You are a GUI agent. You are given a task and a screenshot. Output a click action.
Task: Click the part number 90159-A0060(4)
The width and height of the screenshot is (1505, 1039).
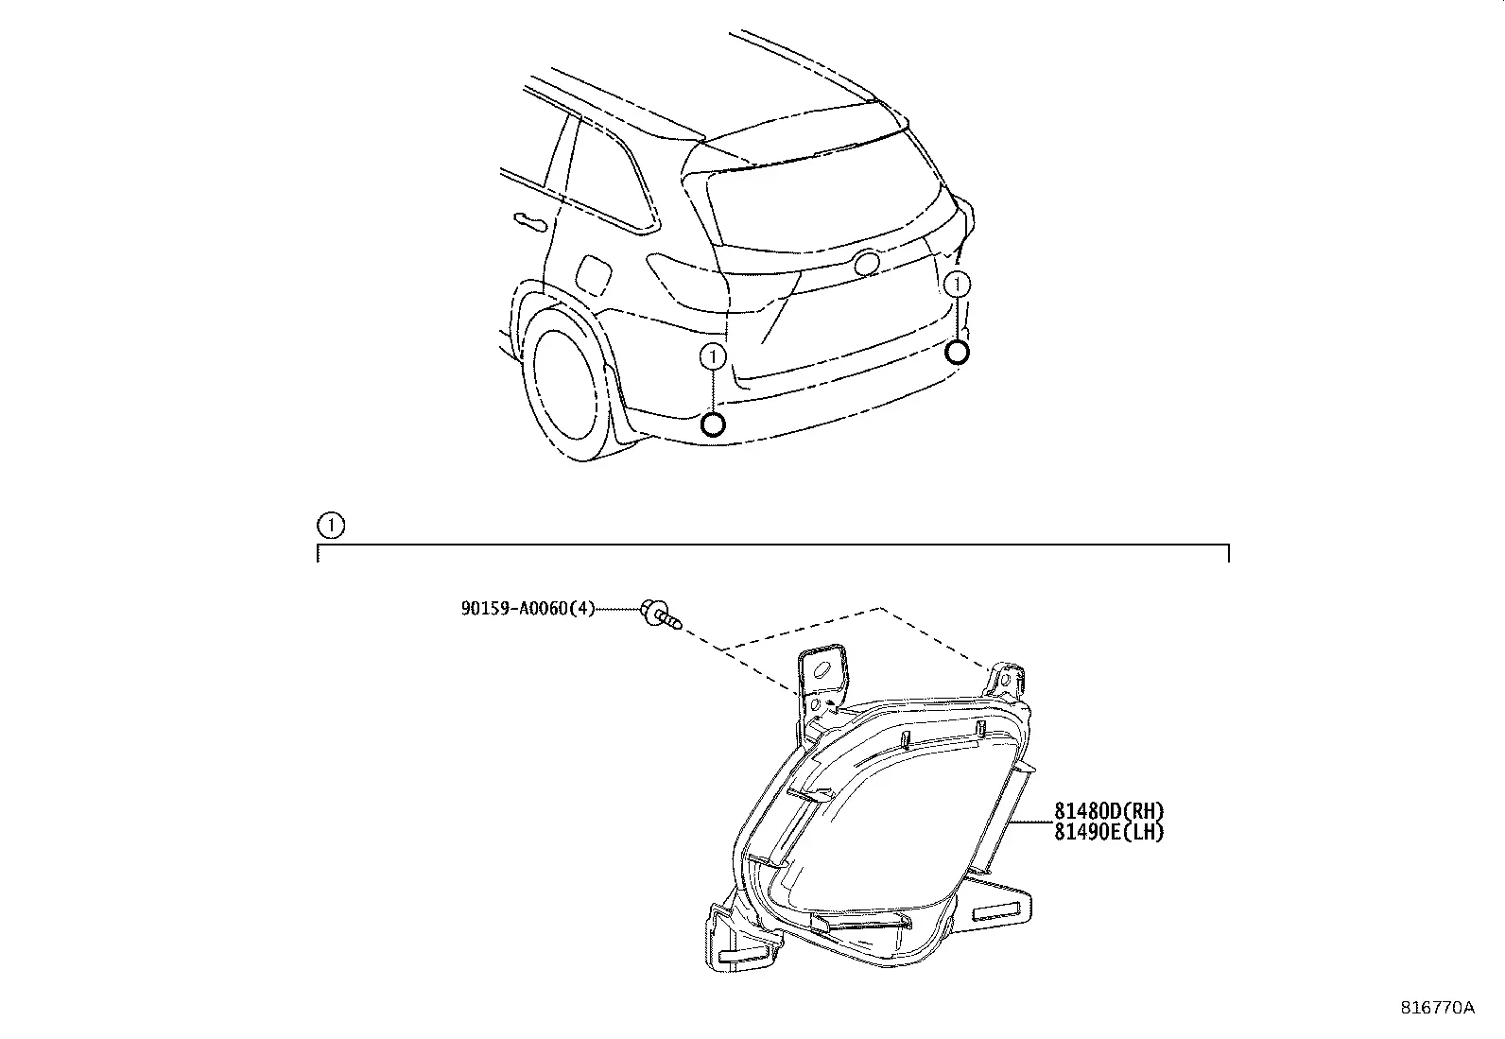point(528,609)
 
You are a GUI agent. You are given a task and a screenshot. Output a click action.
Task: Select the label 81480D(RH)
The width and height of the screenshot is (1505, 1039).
point(1109,811)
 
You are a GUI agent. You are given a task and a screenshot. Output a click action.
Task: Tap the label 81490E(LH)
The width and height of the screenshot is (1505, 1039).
point(1109,832)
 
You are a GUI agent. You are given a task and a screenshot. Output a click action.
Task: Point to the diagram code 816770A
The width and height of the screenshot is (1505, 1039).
point(1437,1008)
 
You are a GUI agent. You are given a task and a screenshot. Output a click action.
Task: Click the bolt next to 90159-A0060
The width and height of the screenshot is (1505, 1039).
point(661,614)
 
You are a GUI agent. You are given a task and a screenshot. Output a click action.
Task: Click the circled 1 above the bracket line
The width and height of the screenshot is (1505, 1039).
point(331,525)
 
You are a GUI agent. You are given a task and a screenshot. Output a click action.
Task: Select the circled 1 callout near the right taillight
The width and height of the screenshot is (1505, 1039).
point(957,285)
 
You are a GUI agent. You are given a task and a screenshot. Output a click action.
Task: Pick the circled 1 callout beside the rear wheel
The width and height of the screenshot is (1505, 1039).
point(713,356)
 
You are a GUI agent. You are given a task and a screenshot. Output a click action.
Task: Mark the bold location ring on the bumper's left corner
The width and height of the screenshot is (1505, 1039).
point(713,424)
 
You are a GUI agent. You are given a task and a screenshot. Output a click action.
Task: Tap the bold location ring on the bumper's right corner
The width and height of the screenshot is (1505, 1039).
point(957,352)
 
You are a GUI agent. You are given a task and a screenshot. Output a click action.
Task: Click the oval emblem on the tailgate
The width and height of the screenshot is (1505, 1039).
point(867,263)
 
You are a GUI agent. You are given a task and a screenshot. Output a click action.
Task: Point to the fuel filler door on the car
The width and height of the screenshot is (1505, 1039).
point(594,275)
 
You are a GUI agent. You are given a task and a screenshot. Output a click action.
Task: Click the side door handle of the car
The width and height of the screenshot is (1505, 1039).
point(530,221)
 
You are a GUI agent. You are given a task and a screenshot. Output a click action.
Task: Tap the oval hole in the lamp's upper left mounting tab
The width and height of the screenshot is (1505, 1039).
point(822,669)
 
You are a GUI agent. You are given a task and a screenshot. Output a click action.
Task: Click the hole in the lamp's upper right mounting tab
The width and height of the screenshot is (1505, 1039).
point(1005,680)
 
